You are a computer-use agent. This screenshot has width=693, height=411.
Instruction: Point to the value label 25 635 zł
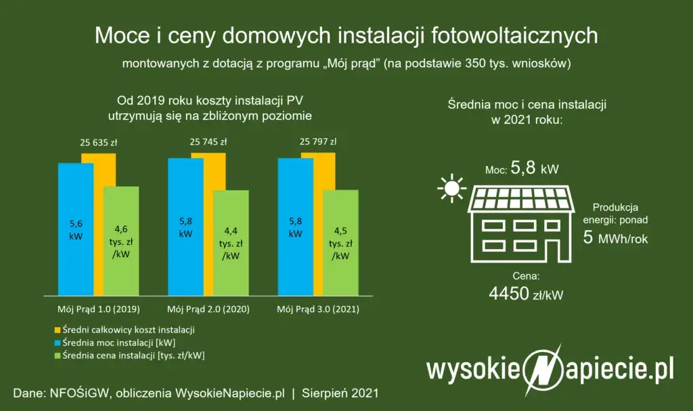pyautogui.click(x=101, y=143)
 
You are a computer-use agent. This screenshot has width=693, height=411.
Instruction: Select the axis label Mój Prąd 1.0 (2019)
pyautogui.click(x=97, y=309)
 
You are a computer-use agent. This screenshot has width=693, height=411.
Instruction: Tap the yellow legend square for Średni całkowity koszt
pyautogui.click(x=58, y=330)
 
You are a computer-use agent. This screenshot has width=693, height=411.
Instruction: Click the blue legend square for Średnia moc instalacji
pyautogui.click(x=58, y=343)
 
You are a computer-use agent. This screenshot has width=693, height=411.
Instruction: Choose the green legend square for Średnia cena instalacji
pyautogui.click(x=58, y=355)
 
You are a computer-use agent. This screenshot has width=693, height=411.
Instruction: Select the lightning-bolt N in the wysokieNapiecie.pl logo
pyautogui.click(x=541, y=370)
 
